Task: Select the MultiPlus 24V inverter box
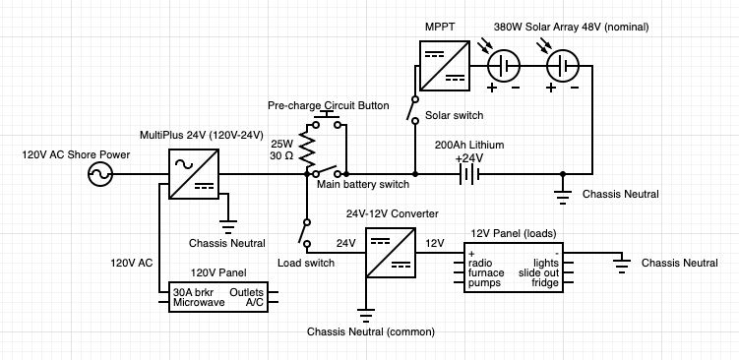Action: [x=194, y=175]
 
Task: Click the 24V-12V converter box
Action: [x=391, y=253]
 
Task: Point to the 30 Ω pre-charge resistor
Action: [x=307, y=150]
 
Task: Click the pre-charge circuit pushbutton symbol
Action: [x=325, y=121]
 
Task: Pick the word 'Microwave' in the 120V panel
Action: [x=199, y=303]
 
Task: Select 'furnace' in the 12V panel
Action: [x=488, y=272]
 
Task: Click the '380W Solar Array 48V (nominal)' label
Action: [x=563, y=26]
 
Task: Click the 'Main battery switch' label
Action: [x=362, y=184]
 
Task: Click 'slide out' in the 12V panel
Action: [x=541, y=272]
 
